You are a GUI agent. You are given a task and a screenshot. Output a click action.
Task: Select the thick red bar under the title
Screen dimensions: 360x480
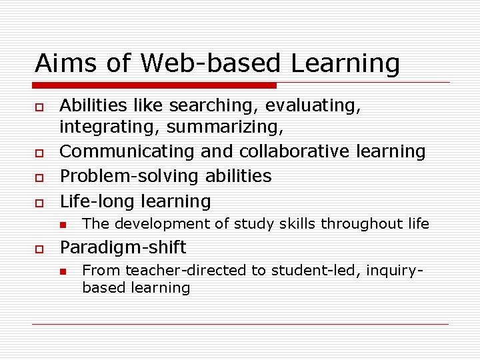coord(155,85)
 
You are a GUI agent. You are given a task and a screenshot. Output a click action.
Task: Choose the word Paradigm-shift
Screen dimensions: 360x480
coord(123,247)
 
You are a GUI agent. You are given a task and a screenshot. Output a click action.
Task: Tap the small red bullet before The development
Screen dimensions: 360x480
coord(64,225)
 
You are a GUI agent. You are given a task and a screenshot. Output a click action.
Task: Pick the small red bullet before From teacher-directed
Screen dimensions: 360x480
coord(64,271)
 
